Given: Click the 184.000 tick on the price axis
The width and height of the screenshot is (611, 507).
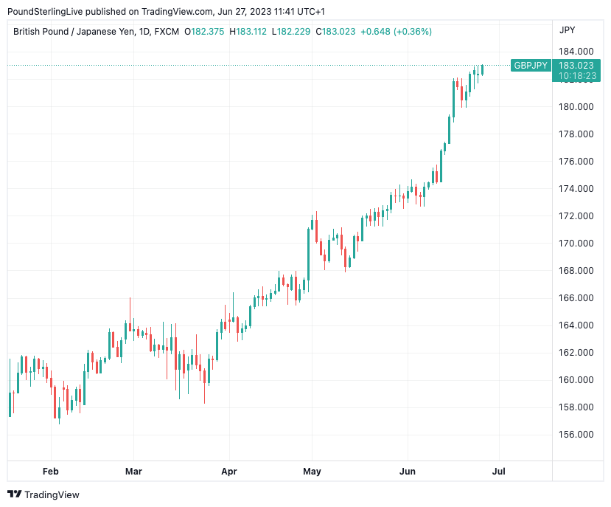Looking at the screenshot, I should [x=576, y=52].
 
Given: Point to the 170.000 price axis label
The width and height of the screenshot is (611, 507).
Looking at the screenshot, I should [x=576, y=244].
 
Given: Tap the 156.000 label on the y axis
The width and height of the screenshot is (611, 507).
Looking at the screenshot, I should [x=576, y=435].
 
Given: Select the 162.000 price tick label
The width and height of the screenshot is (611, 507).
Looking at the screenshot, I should [x=576, y=353].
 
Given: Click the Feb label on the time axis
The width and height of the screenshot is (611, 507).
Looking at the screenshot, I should [x=50, y=471].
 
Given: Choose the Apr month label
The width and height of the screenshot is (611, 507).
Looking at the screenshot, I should [x=228, y=471].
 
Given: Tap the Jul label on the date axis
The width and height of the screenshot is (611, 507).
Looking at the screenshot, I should [x=499, y=471].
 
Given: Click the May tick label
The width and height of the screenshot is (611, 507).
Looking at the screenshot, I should [x=312, y=471].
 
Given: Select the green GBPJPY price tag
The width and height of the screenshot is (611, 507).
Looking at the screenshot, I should [x=531, y=66].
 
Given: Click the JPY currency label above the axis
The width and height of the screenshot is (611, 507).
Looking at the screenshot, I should [x=568, y=30].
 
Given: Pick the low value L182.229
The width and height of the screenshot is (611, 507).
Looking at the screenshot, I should [x=292, y=32].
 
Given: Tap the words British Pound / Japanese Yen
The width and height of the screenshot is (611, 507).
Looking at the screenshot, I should [x=73, y=32].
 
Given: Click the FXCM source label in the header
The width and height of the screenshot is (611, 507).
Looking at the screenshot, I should [x=167, y=32].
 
